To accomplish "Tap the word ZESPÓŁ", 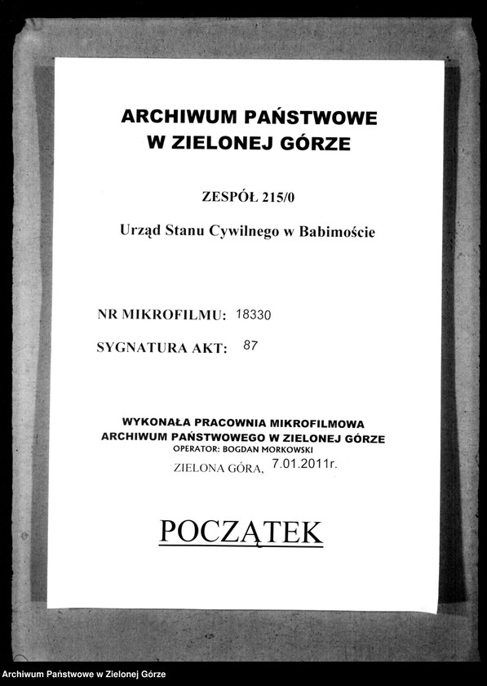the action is tap(228, 195).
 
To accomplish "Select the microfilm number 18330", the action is tap(258, 314).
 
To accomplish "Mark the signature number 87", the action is tap(250, 346).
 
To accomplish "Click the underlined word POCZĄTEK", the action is tap(241, 532).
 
